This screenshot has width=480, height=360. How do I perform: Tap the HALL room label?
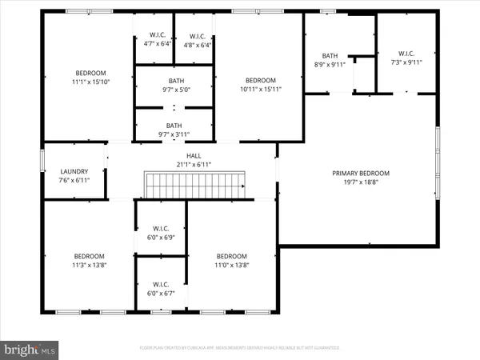[x=194, y=156]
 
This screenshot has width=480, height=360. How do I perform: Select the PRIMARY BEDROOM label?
[x=360, y=173]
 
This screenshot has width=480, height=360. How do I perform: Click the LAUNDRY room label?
[x=74, y=171]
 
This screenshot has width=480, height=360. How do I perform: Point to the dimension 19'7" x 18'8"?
[x=360, y=182]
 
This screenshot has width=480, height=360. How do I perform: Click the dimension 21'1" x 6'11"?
[x=194, y=165]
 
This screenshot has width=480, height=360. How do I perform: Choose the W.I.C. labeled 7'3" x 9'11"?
[x=406, y=54]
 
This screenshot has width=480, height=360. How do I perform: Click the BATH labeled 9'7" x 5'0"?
[x=175, y=81]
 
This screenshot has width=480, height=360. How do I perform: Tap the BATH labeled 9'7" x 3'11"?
[x=174, y=126]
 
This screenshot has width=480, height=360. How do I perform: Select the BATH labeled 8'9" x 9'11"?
[x=330, y=55]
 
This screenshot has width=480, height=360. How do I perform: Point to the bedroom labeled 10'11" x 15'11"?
[x=260, y=80]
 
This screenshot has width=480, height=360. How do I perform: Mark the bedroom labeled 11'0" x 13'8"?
[x=232, y=256]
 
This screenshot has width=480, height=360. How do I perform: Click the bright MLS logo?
[x=30, y=349]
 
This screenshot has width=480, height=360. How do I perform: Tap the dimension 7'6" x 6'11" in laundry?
[x=74, y=180]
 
